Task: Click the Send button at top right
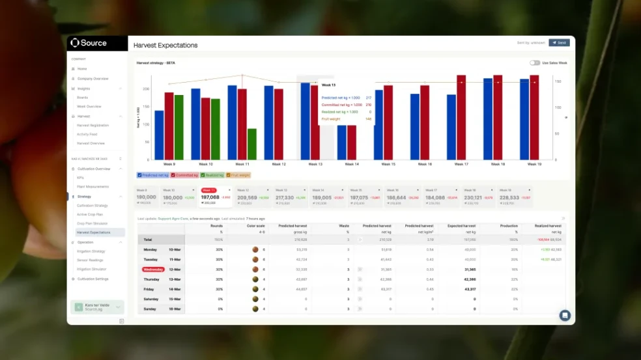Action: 559,42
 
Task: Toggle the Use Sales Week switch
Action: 535,63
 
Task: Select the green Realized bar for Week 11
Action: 251,144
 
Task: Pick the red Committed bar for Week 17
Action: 461,117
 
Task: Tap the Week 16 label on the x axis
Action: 425,164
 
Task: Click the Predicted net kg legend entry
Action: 154,175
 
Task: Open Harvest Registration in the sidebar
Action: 93,125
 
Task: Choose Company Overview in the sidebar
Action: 93,78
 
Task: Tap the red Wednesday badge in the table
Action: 153,269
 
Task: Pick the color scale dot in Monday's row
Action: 255,249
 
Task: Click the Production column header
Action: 509,226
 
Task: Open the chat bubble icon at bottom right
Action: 565,315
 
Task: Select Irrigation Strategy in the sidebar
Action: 91,251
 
